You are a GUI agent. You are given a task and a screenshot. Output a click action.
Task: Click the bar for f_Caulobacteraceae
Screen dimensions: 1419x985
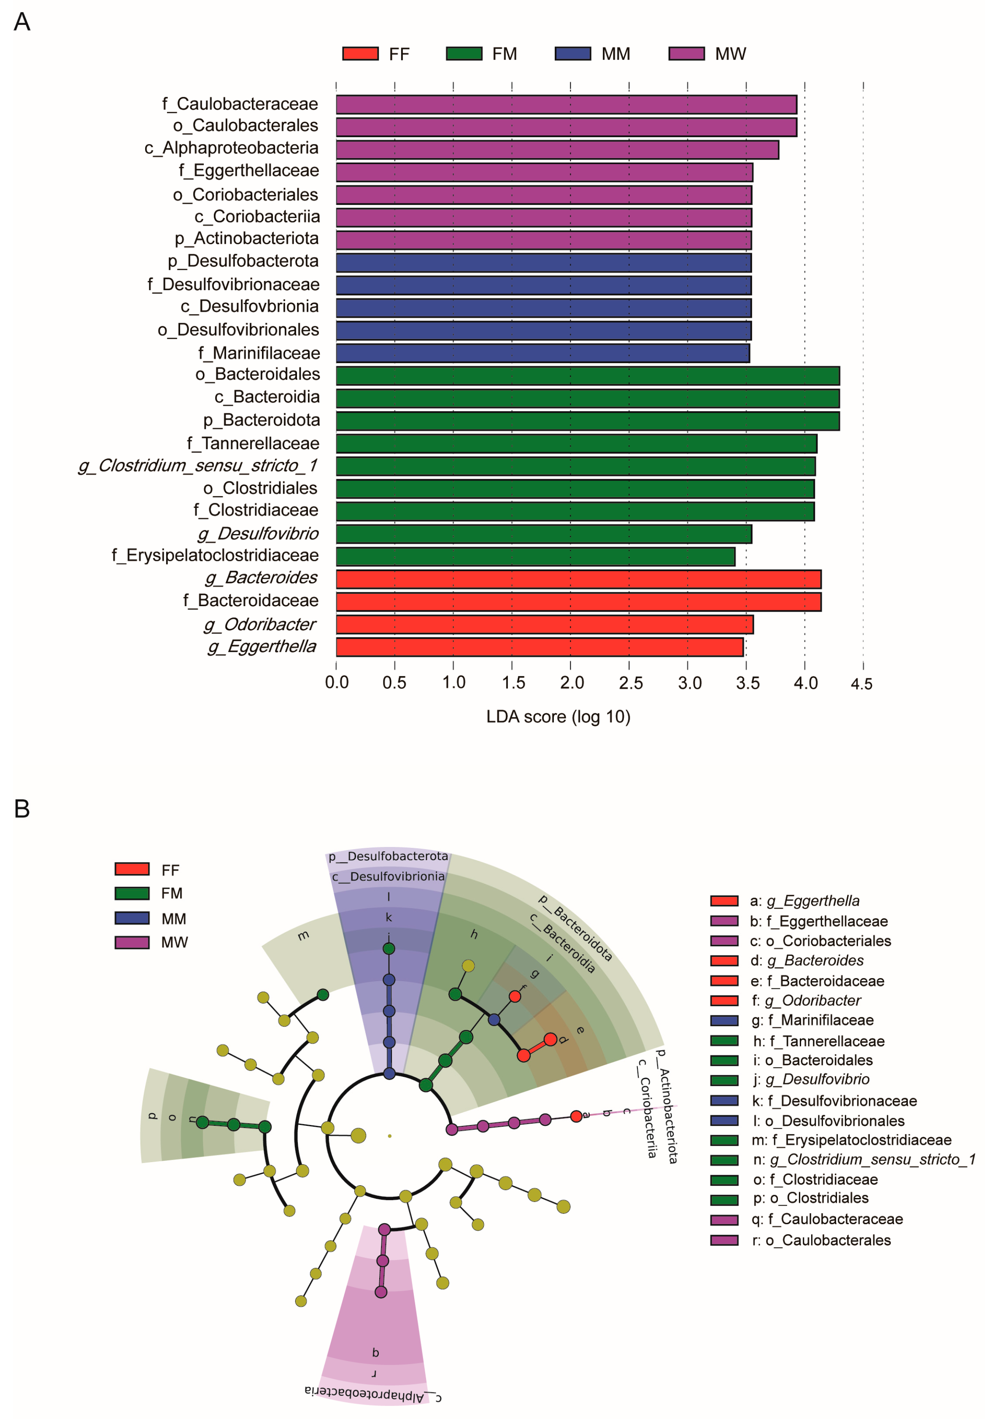point(566,105)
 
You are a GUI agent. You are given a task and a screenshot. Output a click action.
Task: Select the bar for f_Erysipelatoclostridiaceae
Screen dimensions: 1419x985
point(535,556)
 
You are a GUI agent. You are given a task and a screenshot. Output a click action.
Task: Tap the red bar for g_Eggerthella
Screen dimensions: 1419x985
point(540,647)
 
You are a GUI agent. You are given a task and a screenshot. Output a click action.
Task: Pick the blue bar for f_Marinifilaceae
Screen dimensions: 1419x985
point(542,353)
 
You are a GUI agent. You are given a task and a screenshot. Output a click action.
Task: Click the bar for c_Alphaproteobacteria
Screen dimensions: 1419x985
point(557,150)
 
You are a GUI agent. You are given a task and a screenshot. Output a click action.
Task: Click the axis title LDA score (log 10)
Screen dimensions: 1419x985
point(558,716)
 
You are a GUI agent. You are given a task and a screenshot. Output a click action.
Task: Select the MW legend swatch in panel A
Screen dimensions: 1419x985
point(686,54)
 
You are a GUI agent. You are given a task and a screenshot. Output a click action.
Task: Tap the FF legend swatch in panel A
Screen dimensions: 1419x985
point(360,54)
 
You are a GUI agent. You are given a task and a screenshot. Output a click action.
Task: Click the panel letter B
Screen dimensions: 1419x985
point(22,809)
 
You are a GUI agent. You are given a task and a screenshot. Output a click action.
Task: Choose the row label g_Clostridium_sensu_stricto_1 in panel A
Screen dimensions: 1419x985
point(197,465)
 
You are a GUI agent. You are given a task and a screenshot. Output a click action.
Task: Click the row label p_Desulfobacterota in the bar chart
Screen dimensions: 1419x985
point(243,261)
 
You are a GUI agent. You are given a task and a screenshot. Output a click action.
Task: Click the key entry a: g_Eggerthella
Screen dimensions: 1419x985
point(804,901)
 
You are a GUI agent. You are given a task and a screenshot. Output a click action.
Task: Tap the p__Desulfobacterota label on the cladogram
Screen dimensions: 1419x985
point(388,856)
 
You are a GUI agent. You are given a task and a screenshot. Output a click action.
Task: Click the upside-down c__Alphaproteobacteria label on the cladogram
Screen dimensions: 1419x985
point(373,1395)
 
